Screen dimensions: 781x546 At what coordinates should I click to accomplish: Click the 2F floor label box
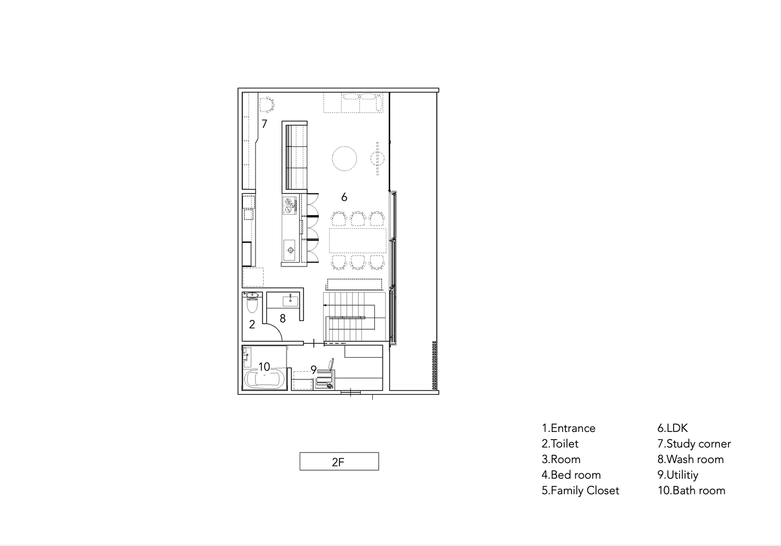339,461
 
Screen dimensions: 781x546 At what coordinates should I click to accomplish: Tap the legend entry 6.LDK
672,428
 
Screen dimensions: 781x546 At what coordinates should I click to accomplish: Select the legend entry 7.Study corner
694,444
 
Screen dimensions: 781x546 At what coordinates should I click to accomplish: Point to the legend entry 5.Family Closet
580,490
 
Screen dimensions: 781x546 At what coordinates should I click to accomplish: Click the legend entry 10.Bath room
691,490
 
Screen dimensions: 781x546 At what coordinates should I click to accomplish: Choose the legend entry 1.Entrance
569,428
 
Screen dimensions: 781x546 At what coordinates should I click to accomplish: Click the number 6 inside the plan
344,198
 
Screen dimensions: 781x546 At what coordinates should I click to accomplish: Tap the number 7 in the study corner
264,124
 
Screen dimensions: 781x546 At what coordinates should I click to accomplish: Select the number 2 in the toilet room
252,324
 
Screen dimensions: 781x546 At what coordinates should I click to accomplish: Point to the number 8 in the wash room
282,318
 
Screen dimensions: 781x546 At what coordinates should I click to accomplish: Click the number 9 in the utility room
313,370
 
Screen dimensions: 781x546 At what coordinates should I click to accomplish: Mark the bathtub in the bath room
264,379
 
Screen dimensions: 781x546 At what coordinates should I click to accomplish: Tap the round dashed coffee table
344,158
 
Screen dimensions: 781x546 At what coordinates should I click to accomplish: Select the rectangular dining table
357,240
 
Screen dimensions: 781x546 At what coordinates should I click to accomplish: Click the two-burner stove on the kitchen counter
289,205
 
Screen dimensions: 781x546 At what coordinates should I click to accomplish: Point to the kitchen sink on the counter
289,250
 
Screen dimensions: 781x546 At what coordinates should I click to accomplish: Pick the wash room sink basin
290,299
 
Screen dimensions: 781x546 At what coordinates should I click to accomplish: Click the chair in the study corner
266,105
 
